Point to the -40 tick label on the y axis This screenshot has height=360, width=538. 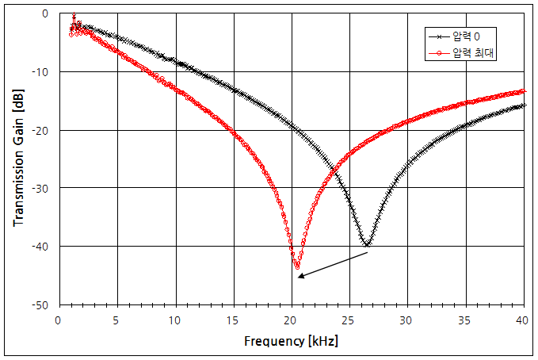[x=40, y=247]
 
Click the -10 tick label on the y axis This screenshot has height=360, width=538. [x=40, y=72]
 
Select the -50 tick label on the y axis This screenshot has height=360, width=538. [x=40, y=304]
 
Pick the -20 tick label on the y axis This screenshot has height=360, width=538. [x=40, y=130]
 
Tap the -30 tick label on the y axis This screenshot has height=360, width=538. [x=40, y=188]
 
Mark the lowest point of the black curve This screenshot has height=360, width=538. [x=367, y=245]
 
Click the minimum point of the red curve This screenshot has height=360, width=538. [x=298, y=266]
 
